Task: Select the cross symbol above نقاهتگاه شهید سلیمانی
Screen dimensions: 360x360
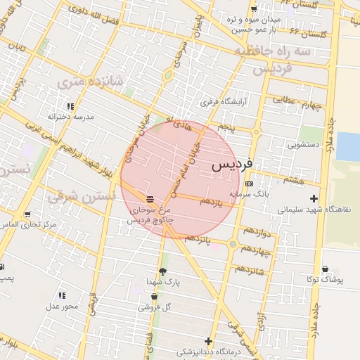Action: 313,199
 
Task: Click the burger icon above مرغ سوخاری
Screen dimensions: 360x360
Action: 149,199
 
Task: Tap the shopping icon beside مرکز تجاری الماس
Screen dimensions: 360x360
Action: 27,214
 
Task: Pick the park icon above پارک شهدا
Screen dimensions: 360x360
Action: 163,271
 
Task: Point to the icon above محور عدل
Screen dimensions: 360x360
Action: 62,295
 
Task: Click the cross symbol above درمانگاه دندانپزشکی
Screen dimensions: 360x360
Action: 208,340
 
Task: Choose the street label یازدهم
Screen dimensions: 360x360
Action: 211,202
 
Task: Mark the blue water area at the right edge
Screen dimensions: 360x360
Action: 347,146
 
